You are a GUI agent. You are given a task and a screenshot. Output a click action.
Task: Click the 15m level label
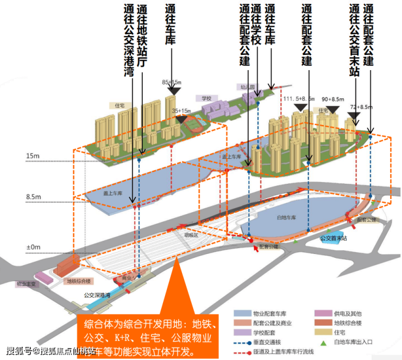(x=33, y=157)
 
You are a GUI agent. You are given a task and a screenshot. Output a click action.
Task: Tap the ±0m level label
(x=33, y=247)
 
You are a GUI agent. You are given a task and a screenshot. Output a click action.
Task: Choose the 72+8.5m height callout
(x=361, y=107)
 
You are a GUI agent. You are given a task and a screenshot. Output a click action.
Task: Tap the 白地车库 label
(x=285, y=218)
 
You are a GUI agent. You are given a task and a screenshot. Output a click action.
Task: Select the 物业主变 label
(x=26, y=284)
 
